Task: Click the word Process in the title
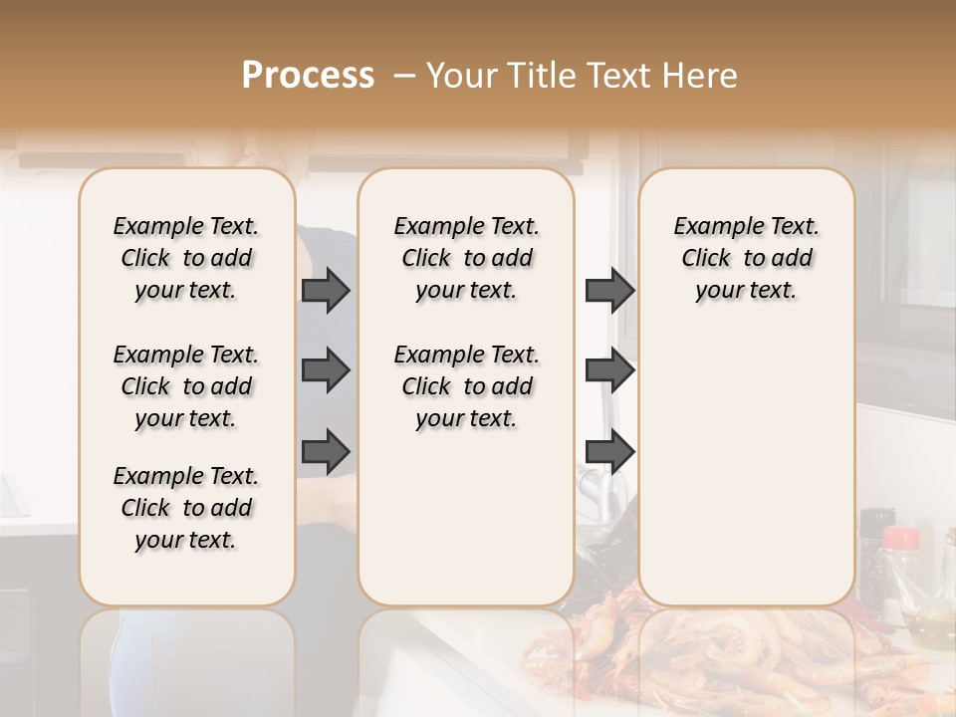307,76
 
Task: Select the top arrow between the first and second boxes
326,291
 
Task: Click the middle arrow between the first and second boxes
326,370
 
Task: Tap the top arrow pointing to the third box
609,291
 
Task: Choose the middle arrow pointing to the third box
609,370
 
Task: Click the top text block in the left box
186,258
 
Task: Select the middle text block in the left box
186,386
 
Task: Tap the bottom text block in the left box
186,508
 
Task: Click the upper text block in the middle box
466,258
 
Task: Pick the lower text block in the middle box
466,386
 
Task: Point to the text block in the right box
746,258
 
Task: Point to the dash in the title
404,76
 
